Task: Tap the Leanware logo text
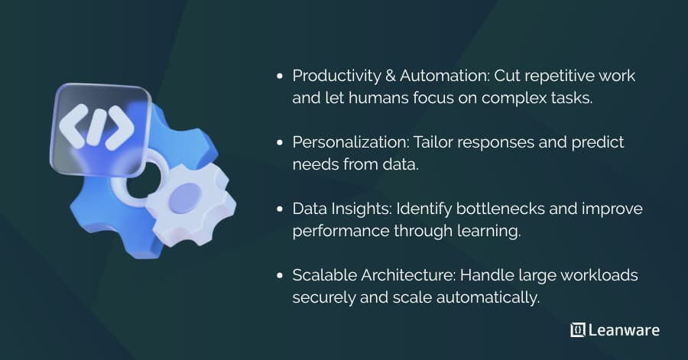pyautogui.click(x=623, y=330)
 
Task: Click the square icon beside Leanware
pyautogui.click(x=577, y=330)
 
